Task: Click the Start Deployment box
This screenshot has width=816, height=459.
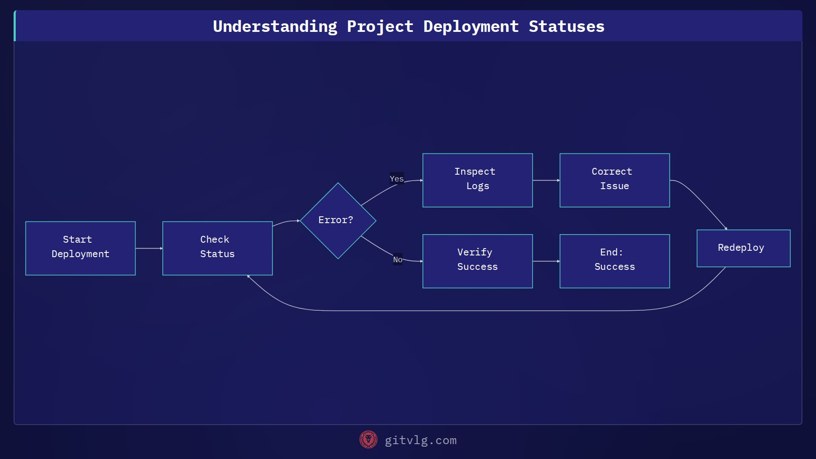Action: (x=80, y=248)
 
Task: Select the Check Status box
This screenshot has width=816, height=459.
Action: (x=217, y=248)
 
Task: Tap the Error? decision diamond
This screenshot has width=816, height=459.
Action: (x=338, y=221)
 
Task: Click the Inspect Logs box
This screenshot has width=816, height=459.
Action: (x=477, y=180)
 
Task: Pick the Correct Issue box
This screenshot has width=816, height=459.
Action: (x=615, y=180)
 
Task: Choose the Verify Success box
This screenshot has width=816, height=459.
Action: (x=477, y=261)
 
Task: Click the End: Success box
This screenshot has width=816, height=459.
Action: (x=615, y=261)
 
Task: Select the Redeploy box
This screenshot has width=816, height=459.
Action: (x=743, y=248)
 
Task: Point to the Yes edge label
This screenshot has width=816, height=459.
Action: (x=397, y=178)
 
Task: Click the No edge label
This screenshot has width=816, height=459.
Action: (x=397, y=259)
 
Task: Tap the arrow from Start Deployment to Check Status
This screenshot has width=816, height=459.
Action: (x=149, y=248)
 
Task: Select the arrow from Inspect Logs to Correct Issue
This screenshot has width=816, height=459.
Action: (x=546, y=180)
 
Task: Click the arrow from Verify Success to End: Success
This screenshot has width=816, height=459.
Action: (x=546, y=261)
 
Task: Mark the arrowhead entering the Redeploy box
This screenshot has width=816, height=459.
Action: (x=725, y=228)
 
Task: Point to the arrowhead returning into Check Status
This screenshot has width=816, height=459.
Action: (x=249, y=277)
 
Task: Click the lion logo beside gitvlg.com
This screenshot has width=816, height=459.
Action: (x=368, y=440)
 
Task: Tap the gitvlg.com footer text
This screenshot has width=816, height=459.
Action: (x=420, y=440)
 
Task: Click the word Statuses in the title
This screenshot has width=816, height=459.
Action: (x=566, y=26)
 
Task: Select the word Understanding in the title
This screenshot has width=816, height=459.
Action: (x=275, y=26)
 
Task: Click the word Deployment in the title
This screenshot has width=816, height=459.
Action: (x=470, y=26)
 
